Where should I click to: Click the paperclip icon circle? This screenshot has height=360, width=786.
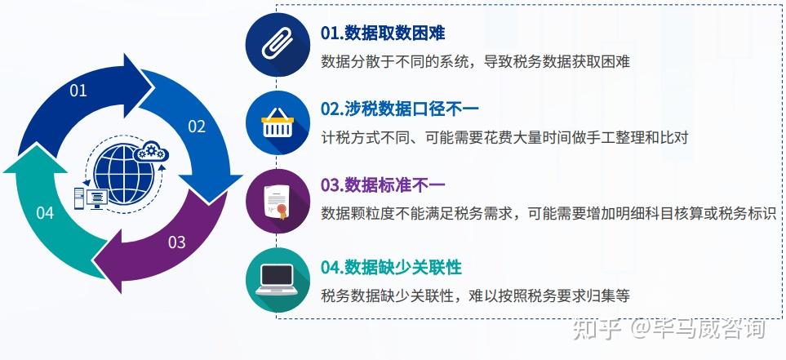278,45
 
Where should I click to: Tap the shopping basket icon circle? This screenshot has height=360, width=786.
278,122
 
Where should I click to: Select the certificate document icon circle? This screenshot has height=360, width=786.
278,201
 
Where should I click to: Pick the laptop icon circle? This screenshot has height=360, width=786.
278,280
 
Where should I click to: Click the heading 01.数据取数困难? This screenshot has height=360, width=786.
383,33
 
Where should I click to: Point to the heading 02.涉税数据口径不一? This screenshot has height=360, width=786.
399,109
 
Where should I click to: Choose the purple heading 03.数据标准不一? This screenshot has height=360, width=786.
383,185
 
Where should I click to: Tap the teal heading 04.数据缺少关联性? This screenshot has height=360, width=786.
391,267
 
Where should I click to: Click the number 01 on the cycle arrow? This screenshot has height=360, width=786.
78,91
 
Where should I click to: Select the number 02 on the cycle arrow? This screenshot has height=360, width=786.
197,127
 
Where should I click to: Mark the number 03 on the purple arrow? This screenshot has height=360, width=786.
176,242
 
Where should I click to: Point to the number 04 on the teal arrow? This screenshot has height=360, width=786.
45,213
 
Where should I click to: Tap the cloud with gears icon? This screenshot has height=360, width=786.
151,151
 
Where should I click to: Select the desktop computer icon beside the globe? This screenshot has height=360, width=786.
91,198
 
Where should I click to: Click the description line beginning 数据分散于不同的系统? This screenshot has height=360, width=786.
475,62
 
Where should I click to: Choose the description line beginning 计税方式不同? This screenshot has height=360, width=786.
504,137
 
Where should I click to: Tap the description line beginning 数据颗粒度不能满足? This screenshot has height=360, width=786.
548,213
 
